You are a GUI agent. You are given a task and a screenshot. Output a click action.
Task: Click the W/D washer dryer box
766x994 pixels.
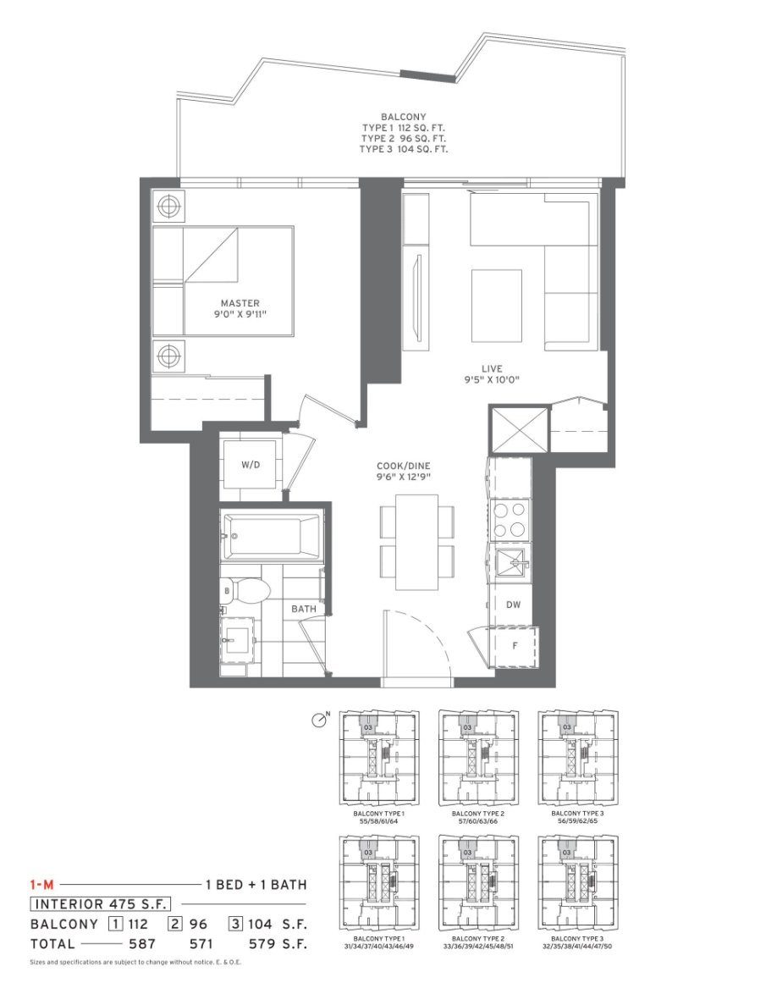(250, 465)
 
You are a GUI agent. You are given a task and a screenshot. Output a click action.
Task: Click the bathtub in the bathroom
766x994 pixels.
(270, 536)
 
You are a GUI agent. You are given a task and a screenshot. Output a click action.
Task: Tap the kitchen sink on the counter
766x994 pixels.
(510, 562)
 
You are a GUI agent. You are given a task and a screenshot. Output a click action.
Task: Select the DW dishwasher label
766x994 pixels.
(513, 605)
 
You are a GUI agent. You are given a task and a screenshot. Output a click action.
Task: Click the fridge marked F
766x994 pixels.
(515, 646)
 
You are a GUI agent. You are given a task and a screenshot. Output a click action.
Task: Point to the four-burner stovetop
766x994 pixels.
(510, 519)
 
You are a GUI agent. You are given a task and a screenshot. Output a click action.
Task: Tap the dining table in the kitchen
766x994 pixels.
(416, 541)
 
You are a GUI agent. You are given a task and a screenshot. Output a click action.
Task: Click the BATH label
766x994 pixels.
(303, 609)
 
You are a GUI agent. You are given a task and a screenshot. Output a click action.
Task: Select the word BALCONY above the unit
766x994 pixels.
(404, 117)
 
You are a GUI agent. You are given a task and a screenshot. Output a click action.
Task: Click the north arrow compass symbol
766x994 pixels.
(320, 720)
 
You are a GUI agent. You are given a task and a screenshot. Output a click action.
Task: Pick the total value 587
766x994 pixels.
(141, 942)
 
